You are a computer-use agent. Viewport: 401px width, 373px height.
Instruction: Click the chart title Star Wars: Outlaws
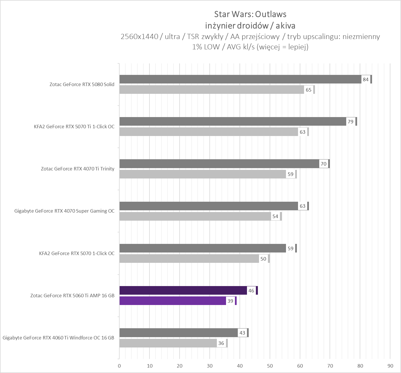point(250,14)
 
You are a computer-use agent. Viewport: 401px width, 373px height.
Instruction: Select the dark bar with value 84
point(240,79)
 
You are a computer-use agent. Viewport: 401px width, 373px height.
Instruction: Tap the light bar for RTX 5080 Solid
point(211,90)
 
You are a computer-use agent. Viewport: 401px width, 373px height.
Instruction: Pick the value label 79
point(351,122)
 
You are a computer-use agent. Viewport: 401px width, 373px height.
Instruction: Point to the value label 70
point(324,164)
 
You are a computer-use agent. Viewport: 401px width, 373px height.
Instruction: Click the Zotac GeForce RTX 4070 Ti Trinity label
point(77,169)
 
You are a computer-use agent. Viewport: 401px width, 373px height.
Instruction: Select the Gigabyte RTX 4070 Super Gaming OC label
point(64,211)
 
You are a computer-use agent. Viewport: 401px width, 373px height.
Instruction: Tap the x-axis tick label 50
point(270,366)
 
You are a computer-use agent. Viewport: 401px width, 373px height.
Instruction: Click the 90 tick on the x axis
point(390,366)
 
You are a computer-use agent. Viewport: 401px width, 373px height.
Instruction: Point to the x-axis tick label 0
point(119,366)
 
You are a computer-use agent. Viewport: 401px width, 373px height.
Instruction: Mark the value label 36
point(221,343)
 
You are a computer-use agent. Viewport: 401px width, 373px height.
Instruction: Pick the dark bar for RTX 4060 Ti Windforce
point(178,333)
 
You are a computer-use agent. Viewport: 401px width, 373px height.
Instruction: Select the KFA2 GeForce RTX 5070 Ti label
point(74,127)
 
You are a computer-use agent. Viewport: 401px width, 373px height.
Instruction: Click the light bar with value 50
point(189,259)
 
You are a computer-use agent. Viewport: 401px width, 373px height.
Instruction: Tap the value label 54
point(275,216)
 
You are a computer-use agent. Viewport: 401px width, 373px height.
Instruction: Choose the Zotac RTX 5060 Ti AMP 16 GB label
point(72,296)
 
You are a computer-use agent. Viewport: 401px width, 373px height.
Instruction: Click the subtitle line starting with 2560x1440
point(250,36)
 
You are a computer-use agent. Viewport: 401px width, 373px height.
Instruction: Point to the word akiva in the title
point(285,26)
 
